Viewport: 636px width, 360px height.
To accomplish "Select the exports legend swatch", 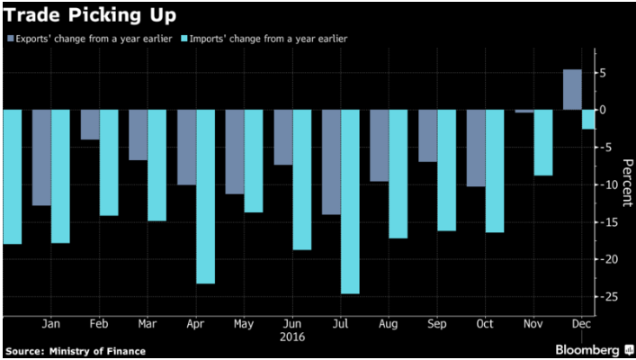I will (x=10, y=39).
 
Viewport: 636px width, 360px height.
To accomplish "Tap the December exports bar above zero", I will (x=572, y=89).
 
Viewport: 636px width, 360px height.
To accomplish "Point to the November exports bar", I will (x=524, y=112).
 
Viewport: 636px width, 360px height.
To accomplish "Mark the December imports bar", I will (x=587, y=119).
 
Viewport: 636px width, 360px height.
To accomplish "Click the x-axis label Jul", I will (x=340, y=322).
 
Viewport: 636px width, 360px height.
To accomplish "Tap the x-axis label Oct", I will (x=485, y=322).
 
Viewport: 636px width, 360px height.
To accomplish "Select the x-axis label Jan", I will (x=51, y=322).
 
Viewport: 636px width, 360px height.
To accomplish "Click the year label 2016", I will (x=291, y=337).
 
